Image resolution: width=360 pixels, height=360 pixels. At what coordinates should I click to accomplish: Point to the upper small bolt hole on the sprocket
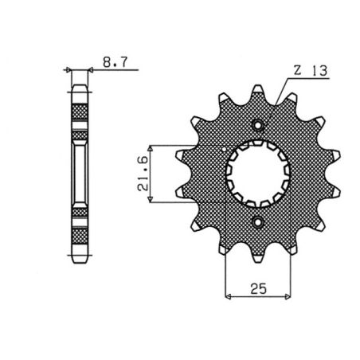tap(259, 125)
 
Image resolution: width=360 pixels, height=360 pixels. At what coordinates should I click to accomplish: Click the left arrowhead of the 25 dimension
tap(229, 297)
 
